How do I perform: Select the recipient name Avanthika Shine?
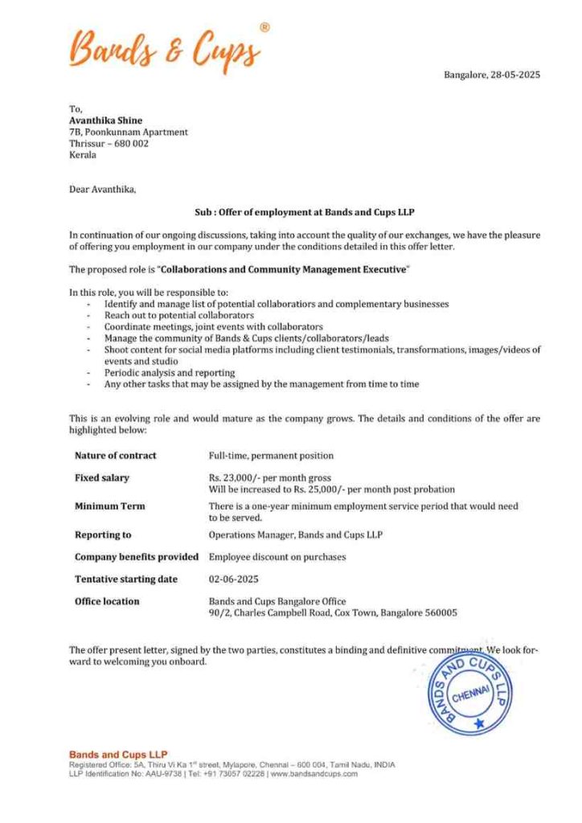(x=105, y=121)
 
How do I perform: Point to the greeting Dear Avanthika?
(x=103, y=190)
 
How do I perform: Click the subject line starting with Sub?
(x=304, y=213)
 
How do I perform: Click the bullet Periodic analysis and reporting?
(x=169, y=373)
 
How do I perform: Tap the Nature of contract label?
(x=115, y=456)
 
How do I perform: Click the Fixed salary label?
(x=101, y=478)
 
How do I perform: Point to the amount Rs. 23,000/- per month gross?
(x=269, y=478)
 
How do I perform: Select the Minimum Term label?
(x=109, y=506)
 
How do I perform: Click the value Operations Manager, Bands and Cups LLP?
(x=295, y=534)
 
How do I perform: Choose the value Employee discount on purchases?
(x=277, y=556)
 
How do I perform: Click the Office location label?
(x=107, y=601)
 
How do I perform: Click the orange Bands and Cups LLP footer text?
(x=118, y=755)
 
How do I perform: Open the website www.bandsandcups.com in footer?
(x=314, y=773)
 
